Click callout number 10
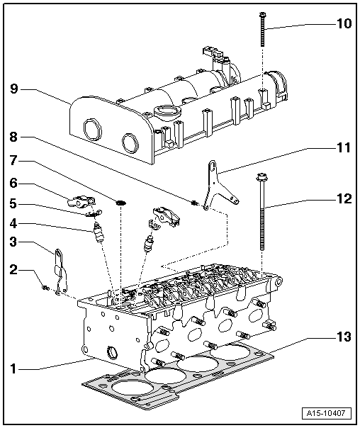[x=342, y=24]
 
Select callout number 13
[x=342, y=338]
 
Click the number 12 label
[x=342, y=200]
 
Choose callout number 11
[x=342, y=149]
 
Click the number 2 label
[x=13, y=270]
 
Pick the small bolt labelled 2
[x=45, y=287]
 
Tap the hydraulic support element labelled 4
[x=99, y=232]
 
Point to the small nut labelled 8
[x=193, y=205]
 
